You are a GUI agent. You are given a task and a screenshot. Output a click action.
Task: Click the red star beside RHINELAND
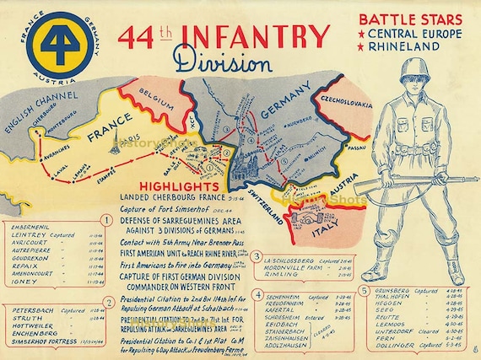tap(362, 46)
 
